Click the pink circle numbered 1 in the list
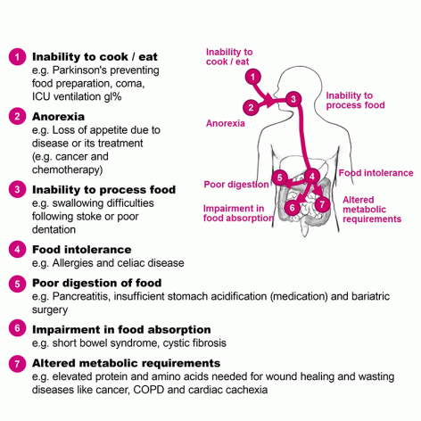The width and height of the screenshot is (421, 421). tap(17, 56)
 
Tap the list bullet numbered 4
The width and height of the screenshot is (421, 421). tap(17, 249)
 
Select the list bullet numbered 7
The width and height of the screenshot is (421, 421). tap(17, 364)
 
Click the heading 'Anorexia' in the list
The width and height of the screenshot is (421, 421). tap(58, 117)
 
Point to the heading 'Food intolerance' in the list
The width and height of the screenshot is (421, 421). tap(82, 250)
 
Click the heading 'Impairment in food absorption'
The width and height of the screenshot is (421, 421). tap(121, 329)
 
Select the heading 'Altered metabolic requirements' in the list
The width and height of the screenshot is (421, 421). tap(126, 363)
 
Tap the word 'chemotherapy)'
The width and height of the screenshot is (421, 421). tap(67, 169)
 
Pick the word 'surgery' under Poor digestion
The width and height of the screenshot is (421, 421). tap(50, 310)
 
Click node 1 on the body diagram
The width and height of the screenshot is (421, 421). tap(253, 77)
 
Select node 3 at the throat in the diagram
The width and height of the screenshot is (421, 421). tap(293, 99)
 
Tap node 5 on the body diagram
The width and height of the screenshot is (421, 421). tap(279, 177)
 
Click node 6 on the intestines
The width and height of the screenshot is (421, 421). tap(292, 207)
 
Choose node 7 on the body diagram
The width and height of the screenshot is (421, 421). tap(322, 204)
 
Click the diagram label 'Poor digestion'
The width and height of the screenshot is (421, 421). tap(236, 185)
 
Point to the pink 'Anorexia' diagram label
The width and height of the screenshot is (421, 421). tap(226, 123)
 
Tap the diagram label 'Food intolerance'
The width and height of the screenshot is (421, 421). tap(376, 173)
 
